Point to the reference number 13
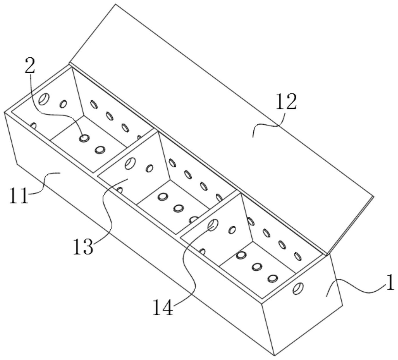tap(83, 246)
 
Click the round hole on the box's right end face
tap(298, 289)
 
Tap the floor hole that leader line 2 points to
tap(84, 138)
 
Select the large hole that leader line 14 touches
tap(213, 225)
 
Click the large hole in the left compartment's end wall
tap(44, 99)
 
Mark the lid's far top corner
tap(116, 4)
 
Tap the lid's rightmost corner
tap(374, 197)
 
